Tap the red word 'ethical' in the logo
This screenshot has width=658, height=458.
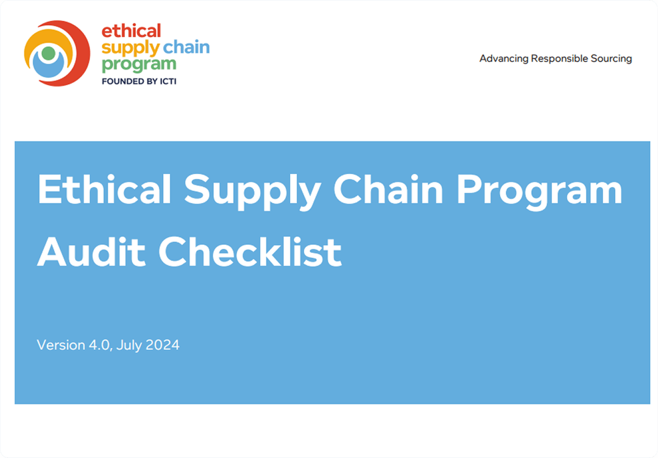tap(131, 31)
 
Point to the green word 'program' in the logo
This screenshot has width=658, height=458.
tap(139, 63)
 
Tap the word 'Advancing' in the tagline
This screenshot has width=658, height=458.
tap(504, 59)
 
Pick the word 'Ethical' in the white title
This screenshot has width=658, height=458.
tap(104, 189)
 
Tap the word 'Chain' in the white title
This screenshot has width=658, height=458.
tap(389, 189)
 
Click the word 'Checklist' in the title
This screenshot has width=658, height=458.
tap(254, 251)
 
